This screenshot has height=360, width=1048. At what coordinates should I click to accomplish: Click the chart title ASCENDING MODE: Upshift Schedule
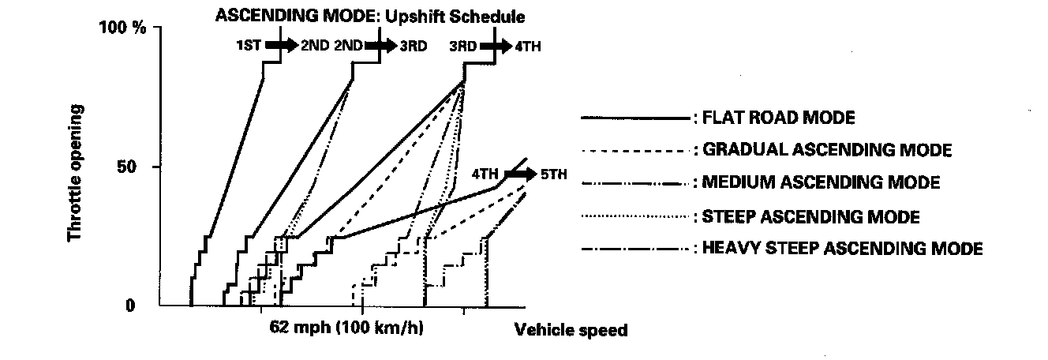click(370, 15)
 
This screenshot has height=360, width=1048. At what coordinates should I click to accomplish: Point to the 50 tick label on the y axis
click(135, 167)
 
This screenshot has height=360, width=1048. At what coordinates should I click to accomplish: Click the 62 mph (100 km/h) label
click(346, 328)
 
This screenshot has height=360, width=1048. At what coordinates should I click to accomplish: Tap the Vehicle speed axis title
click(571, 331)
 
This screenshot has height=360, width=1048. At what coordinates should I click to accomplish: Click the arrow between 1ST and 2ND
click(280, 45)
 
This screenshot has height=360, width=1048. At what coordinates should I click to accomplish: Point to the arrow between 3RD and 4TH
click(496, 45)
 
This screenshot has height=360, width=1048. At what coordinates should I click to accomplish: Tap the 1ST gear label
click(249, 46)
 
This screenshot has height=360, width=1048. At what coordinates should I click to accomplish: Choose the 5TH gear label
click(555, 174)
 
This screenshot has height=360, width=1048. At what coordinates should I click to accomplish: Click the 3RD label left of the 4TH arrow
click(463, 46)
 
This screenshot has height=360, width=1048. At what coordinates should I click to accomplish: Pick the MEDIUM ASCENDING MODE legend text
click(822, 183)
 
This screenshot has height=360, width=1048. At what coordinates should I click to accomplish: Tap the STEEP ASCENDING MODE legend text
click(811, 216)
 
